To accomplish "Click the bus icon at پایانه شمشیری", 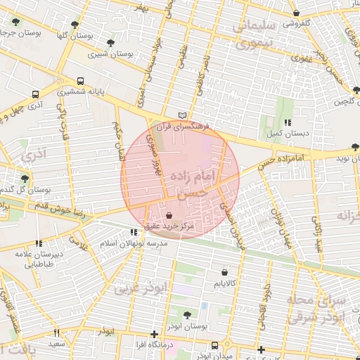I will (x=80, y=81).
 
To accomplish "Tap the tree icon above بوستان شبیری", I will (x=110, y=44).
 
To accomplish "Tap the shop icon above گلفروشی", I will (x=297, y=13).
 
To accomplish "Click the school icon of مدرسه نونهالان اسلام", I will (x=134, y=232).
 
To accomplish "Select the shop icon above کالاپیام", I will (x=224, y=272).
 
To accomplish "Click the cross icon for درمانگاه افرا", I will (x=155, y=335).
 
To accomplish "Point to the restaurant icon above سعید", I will (x=56, y=333).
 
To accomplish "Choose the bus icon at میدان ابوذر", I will (x=214, y=345).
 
